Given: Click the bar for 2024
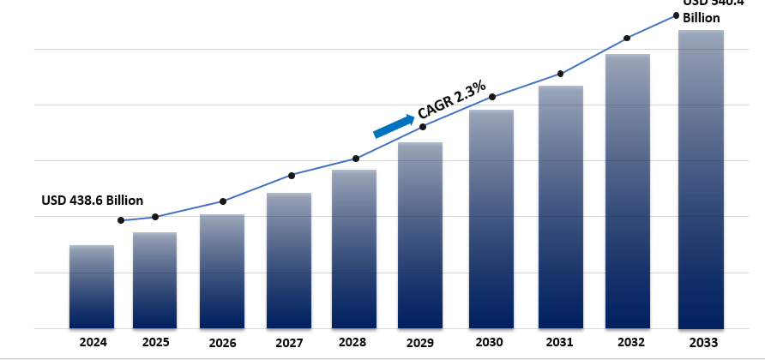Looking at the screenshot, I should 92,287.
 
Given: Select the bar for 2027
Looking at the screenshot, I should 289,261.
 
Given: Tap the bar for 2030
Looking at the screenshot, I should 491,219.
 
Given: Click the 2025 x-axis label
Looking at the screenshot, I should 155,342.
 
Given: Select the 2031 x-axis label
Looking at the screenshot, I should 559,342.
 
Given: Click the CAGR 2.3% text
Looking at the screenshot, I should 452,99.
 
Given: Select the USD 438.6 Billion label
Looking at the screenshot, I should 93,200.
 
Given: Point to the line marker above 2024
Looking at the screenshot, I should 121,220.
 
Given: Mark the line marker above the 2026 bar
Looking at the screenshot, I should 223,201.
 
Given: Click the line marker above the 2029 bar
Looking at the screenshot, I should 423,127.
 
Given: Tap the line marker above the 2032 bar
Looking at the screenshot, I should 627,38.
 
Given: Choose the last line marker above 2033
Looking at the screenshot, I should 677,15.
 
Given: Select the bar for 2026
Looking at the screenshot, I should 222,272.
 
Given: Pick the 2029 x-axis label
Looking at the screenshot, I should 419,342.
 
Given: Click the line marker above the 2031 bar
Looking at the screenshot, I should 560,74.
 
